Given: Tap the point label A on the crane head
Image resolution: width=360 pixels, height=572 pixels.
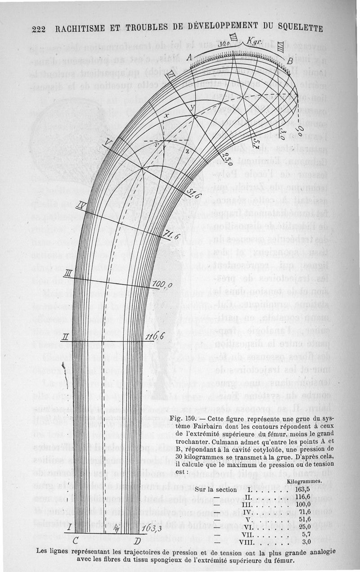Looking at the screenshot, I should [189, 56].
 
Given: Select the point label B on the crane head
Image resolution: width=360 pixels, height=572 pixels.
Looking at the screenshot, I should [291, 60].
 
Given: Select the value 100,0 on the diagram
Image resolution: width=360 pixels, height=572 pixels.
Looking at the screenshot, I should [162, 285].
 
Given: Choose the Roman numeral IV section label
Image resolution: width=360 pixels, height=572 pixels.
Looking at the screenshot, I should [81, 207].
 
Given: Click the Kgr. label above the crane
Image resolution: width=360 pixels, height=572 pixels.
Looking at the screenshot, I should [255, 41].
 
